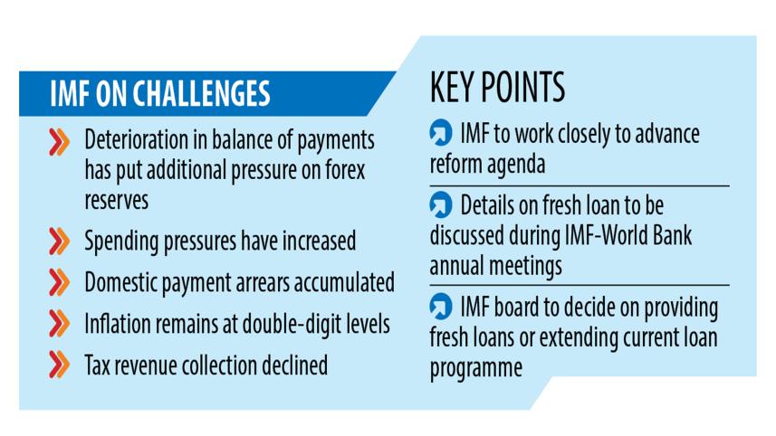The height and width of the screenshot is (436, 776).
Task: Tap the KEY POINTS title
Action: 497,87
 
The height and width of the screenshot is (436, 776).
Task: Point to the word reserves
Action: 117,199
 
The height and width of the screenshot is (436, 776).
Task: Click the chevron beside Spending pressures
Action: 59,242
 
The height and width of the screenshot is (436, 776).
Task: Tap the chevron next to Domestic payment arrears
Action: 59,282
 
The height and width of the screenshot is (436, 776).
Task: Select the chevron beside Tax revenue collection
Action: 59,364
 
